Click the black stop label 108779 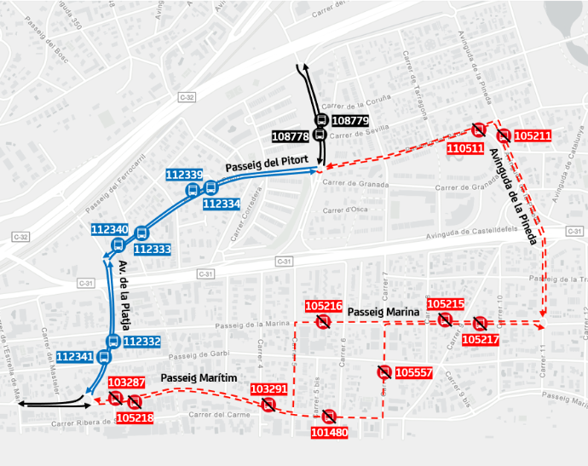(x=350, y=121)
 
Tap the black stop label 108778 (x=290, y=136)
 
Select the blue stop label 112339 (x=184, y=175)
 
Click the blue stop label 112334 (x=222, y=204)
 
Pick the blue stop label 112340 (x=109, y=229)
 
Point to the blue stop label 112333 (x=153, y=249)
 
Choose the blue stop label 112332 (x=141, y=342)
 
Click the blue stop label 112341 (x=74, y=357)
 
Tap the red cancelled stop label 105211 (x=533, y=135)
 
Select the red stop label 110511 (x=465, y=148)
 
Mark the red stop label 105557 (x=414, y=372)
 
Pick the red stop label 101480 (x=329, y=432)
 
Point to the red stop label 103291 (x=268, y=389)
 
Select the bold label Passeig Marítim (x=198, y=377)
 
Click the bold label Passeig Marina (x=384, y=312)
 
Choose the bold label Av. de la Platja (x=125, y=295)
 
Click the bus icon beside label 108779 (x=321, y=121)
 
